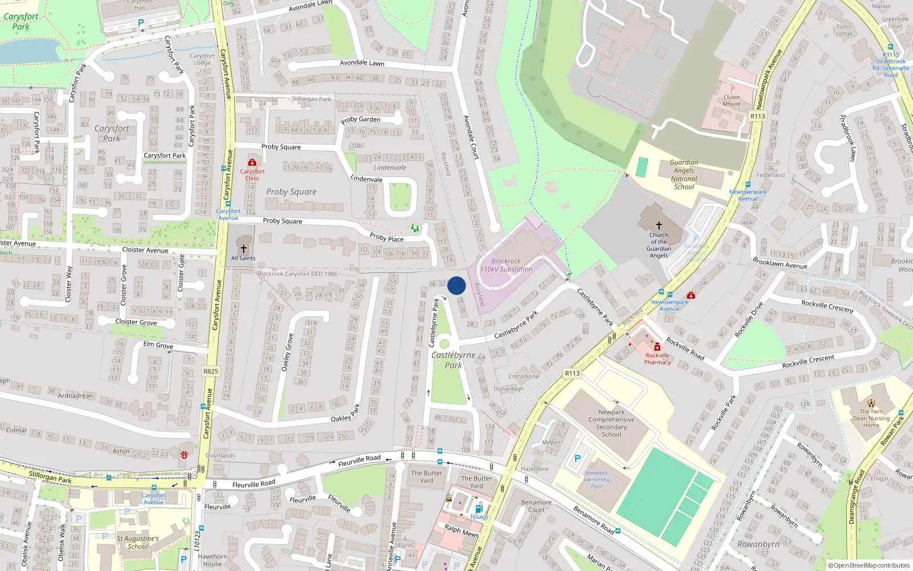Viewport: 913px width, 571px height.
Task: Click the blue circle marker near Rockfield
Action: click(x=457, y=285)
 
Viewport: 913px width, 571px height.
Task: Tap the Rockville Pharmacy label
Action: click(x=657, y=359)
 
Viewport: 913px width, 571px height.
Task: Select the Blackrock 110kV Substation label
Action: click(x=506, y=265)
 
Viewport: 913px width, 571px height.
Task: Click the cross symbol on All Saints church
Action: click(x=244, y=249)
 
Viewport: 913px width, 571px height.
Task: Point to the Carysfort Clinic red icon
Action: click(x=252, y=163)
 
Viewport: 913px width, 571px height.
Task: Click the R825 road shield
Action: click(x=211, y=371)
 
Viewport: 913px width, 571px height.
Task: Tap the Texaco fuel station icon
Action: click(x=479, y=509)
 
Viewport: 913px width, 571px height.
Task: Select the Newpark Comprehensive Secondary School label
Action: click(x=611, y=423)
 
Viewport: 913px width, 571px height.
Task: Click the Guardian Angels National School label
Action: click(x=684, y=174)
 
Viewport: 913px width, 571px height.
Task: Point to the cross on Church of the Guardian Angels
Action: click(x=659, y=226)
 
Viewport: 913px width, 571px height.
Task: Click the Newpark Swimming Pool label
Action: click(x=596, y=480)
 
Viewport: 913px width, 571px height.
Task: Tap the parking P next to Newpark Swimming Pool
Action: click(x=577, y=459)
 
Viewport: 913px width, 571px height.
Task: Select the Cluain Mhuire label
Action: click(x=732, y=100)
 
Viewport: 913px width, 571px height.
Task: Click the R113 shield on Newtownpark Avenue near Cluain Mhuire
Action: click(x=757, y=116)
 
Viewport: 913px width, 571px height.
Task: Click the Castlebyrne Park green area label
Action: click(x=453, y=360)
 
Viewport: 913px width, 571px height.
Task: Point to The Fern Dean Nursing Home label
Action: click(x=871, y=418)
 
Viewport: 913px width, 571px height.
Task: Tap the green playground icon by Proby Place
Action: click(x=415, y=228)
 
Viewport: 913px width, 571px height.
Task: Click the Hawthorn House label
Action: click(x=212, y=560)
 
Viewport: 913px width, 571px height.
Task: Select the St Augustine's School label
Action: click(x=138, y=542)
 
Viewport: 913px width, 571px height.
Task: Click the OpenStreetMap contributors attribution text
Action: click(x=868, y=566)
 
